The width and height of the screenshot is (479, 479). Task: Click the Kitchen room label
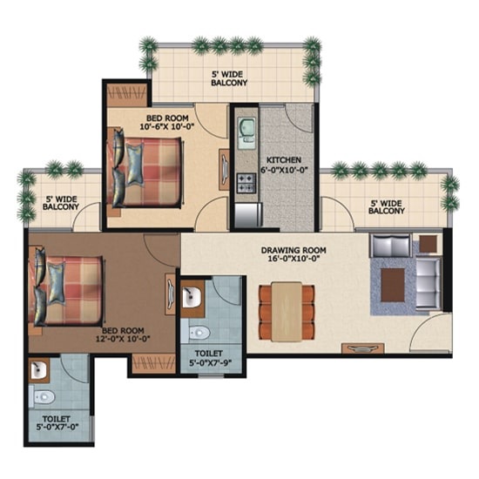tap(284, 159)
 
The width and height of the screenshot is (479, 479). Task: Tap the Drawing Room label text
tap(293, 250)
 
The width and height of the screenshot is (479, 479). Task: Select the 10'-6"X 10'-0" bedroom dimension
tap(167, 126)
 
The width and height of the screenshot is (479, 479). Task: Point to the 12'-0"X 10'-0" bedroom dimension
tap(122, 339)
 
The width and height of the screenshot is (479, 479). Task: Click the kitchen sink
tap(247, 131)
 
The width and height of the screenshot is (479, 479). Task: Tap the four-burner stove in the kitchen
tap(246, 183)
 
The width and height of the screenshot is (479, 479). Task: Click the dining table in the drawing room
tap(287, 311)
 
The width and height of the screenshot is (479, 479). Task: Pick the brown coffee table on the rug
tap(393, 285)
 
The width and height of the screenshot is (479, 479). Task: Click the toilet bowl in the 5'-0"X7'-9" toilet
tap(199, 333)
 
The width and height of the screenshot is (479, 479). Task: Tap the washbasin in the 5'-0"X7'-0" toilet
tap(38, 370)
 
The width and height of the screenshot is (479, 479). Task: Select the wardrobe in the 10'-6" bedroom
tap(127, 94)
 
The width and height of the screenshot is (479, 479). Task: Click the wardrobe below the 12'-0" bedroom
tap(153, 363)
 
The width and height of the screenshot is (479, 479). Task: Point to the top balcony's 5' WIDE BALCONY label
tap(229, 78)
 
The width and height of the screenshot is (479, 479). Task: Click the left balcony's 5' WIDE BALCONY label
tap(60, 203)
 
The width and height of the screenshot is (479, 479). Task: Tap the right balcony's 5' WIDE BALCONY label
tap(387, 207)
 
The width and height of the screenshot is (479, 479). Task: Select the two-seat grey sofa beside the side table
tap(390, 246)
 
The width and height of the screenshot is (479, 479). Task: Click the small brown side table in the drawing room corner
tap(428, 244)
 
